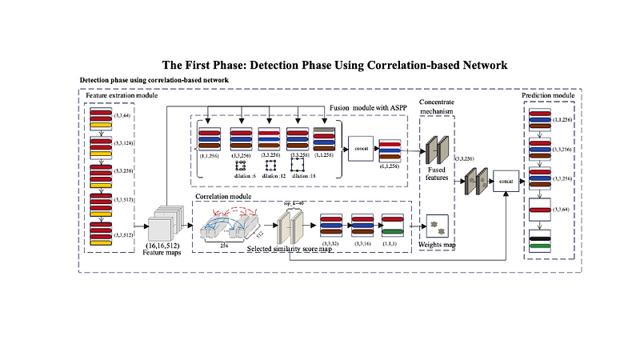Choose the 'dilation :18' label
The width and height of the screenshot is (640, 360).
[302, 174]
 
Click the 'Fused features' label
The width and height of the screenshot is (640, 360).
[438, 174]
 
